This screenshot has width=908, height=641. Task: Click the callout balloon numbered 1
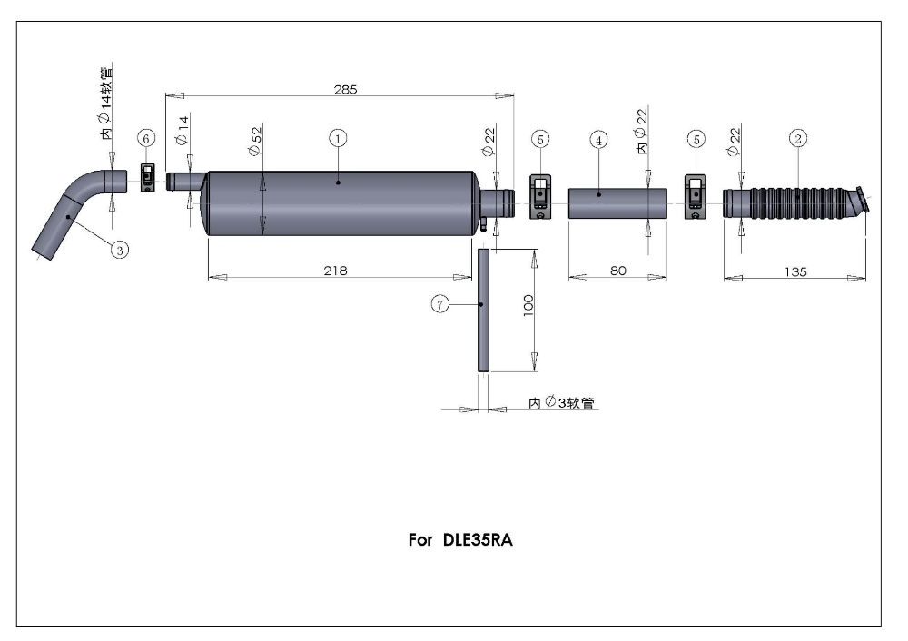point(337,138)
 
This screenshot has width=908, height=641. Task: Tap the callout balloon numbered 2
point(797,138)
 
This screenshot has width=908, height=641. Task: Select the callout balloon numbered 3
point(119,248)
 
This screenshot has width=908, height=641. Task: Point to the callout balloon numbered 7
point(439,305)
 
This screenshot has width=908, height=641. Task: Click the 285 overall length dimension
point(346,89)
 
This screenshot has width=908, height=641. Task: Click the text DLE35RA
point(485,537)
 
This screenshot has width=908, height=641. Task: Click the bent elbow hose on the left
point(73,210)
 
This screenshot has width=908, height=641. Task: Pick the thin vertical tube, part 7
point(483,309)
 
